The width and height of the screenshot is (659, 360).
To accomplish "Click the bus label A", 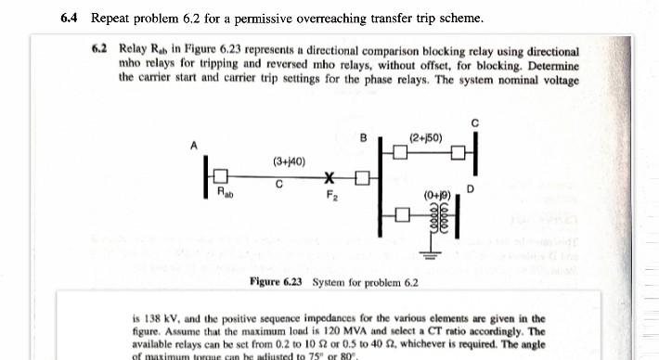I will click(194, 146).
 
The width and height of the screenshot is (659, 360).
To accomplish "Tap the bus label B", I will click(363, 138).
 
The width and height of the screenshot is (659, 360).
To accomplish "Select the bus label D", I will click(471, 189).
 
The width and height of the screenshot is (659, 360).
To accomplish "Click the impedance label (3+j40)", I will click(289, 161).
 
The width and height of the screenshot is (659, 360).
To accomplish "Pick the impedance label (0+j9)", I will click(436, 196).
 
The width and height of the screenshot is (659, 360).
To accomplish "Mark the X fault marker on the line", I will click(329, 177).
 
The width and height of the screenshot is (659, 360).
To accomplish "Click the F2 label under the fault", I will click(331, 195).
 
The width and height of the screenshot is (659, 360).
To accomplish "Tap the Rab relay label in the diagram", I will click(226, 193).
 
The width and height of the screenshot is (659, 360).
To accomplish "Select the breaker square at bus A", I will click(221, 176).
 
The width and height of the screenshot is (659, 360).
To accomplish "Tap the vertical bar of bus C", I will click(475, 151).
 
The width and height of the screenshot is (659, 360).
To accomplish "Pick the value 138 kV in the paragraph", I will click(159, 317).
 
